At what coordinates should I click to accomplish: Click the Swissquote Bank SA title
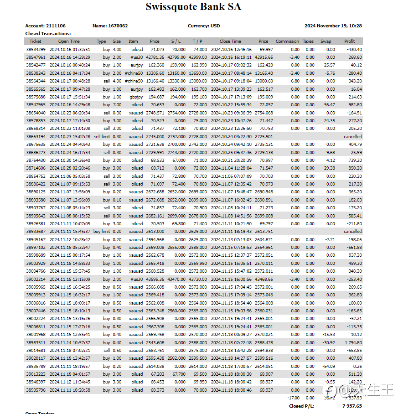tap(193, 7)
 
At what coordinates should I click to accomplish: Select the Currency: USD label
tap(204, 26)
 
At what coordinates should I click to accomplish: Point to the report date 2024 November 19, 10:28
tap(336, 26)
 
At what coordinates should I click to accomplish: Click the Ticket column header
tap(35, 41)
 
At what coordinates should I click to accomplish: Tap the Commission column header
tap(287, 41)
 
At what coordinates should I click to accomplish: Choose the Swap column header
tap(326, 41)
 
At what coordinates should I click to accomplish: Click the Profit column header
tap(349, 41)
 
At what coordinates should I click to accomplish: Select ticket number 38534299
tap(36, 50)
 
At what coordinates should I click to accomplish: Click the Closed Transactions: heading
tap(48, 34)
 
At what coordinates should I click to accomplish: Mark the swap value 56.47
tap(328, 105)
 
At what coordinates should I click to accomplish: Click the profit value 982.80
tap(354, 105)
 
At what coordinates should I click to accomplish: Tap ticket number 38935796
tap(36, 390)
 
